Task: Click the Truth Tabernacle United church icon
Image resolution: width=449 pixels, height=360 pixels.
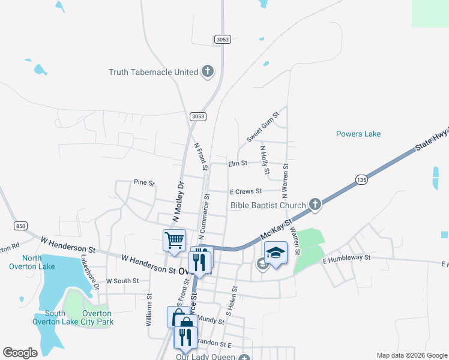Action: [x=208, y=72]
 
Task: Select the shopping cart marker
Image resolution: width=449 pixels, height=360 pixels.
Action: [x=174, y=240]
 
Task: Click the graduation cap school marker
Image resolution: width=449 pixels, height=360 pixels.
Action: [x=276, y=252]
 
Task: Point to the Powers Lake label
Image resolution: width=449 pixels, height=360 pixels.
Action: [x=358, y=134]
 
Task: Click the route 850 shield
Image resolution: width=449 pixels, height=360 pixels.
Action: [x=21, y=226]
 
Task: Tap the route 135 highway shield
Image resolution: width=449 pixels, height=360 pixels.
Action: [x=361, y=179]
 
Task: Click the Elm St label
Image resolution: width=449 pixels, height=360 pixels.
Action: [x=238, y=163]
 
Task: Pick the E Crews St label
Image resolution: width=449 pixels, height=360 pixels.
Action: [x=246, y=191]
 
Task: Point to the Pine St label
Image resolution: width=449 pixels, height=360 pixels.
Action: [x=144, y=182]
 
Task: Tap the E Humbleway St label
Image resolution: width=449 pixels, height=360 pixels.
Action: [x=348, y=258]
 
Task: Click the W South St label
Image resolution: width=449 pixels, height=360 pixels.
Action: [x=122, y=281]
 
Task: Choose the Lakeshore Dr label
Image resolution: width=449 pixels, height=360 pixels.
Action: [x=90, y=272]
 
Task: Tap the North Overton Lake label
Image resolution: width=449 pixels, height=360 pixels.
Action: [x=38, y=262]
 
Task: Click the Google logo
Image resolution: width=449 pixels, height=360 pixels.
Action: [x=20, y=353]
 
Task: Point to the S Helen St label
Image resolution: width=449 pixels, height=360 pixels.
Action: [x=232, y=301]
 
